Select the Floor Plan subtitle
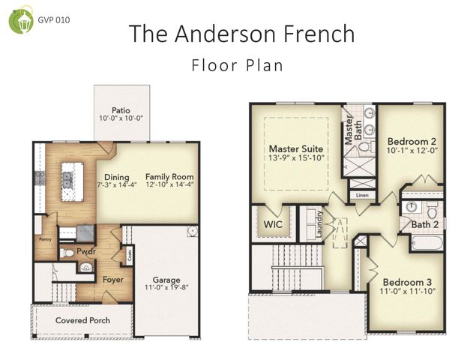click(238, 64)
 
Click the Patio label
click(121, 109)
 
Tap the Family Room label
click(169, 177)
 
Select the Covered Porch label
click(83, 320)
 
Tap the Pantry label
click(43, 241)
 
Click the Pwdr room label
click(86, 251)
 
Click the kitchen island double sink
click(67, 178)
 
